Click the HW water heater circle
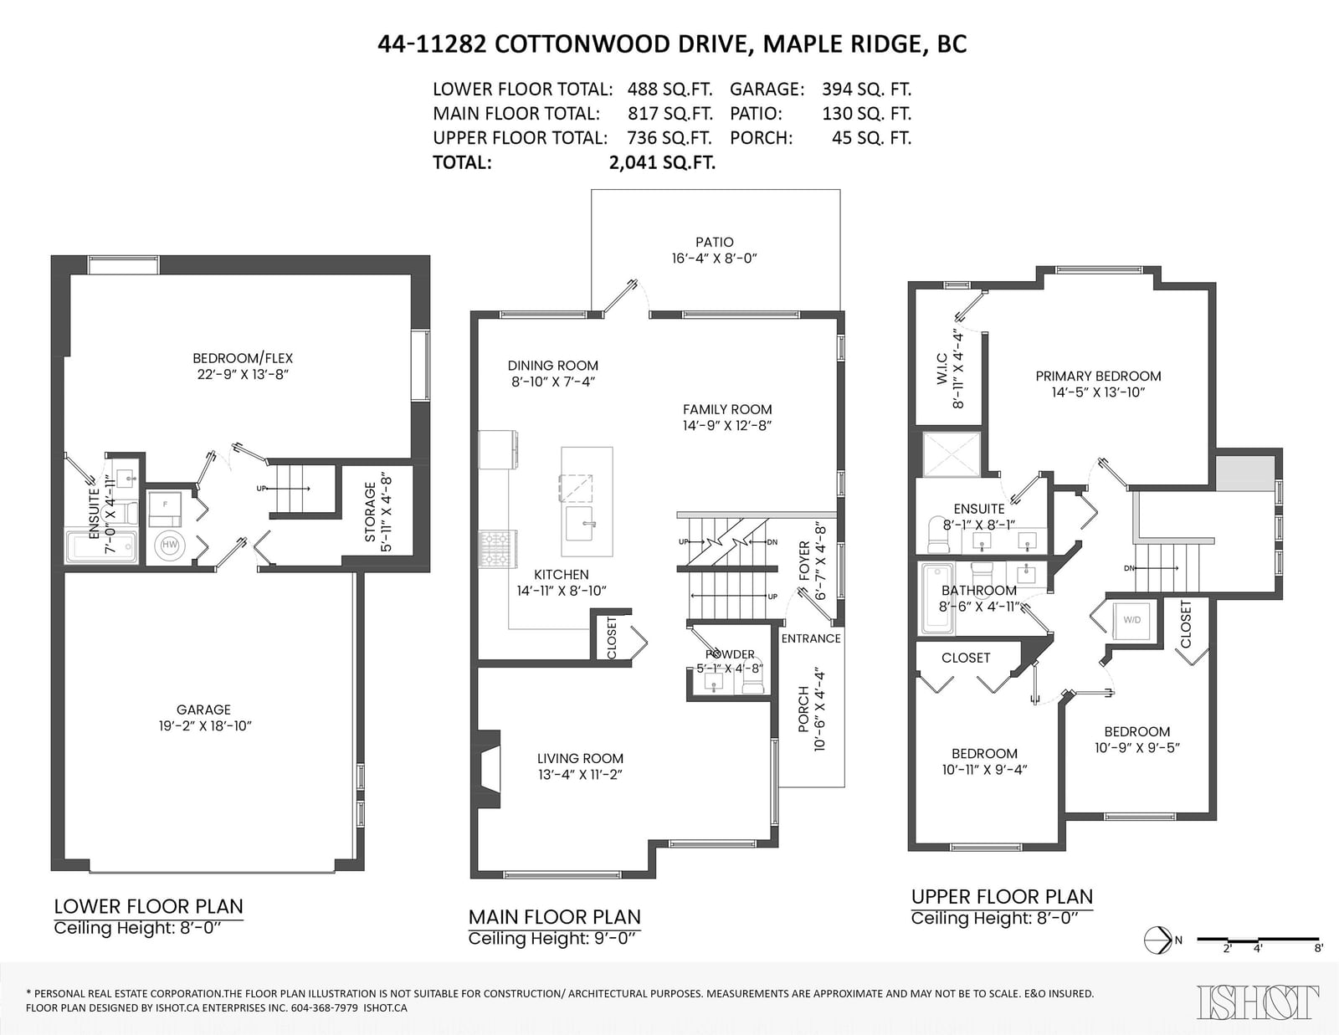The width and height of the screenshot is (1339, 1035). point(169,545)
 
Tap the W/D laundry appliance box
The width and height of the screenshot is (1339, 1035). point(1132,620)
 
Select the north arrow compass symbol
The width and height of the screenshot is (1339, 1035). point(1157,940)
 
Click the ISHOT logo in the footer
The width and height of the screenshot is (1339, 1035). point(1258,1002)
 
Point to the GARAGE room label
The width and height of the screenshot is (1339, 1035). point(203,709)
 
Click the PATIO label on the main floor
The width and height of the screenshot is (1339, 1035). point(715,242)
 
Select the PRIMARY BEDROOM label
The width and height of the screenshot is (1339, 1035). point(1098,376)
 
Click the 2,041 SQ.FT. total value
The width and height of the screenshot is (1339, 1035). point(662,162)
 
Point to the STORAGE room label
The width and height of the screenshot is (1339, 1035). point(370,512)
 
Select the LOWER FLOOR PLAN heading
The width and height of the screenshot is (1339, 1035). point(148,906)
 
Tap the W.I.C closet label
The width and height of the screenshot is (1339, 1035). point(941,369)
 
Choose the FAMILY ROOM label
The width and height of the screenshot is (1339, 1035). point(727,409)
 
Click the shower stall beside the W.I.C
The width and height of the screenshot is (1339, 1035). point(952,454)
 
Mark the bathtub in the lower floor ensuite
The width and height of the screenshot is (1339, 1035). point(101,546)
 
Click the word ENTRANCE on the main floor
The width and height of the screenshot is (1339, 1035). point(811,638)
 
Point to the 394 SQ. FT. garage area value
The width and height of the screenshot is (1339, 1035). point(866,90)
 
